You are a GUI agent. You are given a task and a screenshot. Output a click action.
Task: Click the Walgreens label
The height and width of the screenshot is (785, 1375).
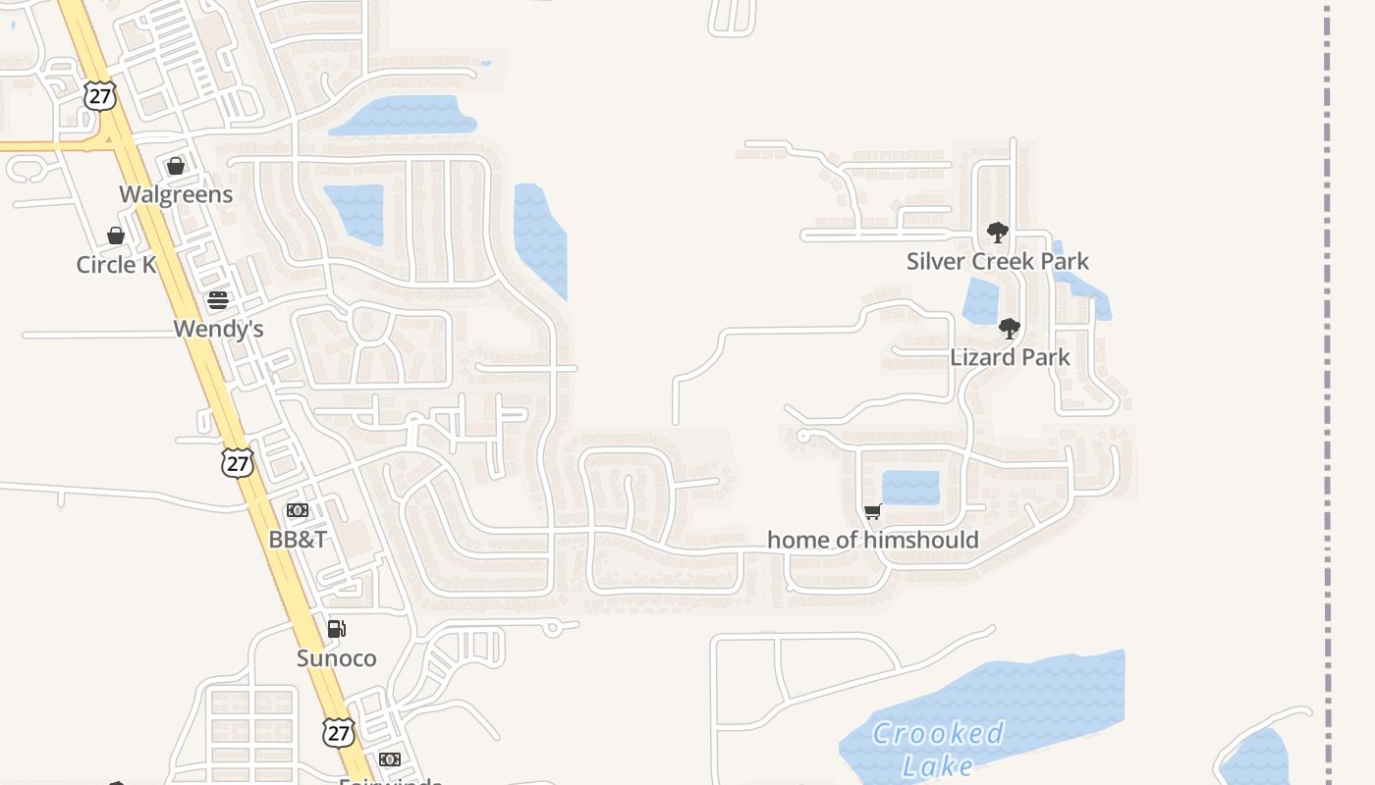coord(177,194)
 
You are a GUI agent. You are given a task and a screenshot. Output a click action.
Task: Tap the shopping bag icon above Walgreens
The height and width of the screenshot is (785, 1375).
coord(176,166)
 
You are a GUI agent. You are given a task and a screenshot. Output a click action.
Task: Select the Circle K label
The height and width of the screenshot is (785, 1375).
coord(117,265)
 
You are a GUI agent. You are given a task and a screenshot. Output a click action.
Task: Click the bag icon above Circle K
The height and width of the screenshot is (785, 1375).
coord(116,235)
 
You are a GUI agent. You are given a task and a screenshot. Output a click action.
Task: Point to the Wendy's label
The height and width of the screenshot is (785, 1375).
coord(218,329)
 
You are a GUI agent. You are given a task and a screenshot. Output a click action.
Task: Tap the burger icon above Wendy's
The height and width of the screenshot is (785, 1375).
coord(218,300)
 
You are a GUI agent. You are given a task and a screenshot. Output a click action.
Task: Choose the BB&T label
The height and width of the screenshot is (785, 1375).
coord(298,540)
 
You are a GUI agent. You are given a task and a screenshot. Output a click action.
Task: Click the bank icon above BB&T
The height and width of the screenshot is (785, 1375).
coord(298,510)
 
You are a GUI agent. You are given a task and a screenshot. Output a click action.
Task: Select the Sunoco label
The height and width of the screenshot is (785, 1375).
coord(336,658)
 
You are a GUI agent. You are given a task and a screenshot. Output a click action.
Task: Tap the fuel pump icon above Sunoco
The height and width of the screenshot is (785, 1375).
coord(336,629)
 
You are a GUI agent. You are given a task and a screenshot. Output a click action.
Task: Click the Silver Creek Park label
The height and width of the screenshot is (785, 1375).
coord(997,261)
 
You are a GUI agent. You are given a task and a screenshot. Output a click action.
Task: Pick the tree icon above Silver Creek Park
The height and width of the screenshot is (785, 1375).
coord(998,233)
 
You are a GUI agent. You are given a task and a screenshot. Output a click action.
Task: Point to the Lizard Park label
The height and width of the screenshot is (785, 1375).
coord(1010,357)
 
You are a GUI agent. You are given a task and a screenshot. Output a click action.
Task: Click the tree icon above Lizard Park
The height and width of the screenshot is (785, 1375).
coord(1010,329)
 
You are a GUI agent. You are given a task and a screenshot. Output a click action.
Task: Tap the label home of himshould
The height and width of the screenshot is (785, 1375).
coord(872,540)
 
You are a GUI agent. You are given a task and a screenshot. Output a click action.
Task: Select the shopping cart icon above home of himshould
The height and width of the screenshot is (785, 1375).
coord(872,511)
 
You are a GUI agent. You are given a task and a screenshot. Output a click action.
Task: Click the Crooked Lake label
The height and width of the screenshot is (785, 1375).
coord(937,749)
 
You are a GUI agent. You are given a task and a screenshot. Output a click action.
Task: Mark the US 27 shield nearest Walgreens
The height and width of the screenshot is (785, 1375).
coord(100,95)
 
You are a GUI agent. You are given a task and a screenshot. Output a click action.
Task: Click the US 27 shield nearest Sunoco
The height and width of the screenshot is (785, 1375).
coord(339,732)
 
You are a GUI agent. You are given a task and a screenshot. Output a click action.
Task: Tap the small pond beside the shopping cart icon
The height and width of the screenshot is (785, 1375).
coord(910,488)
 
